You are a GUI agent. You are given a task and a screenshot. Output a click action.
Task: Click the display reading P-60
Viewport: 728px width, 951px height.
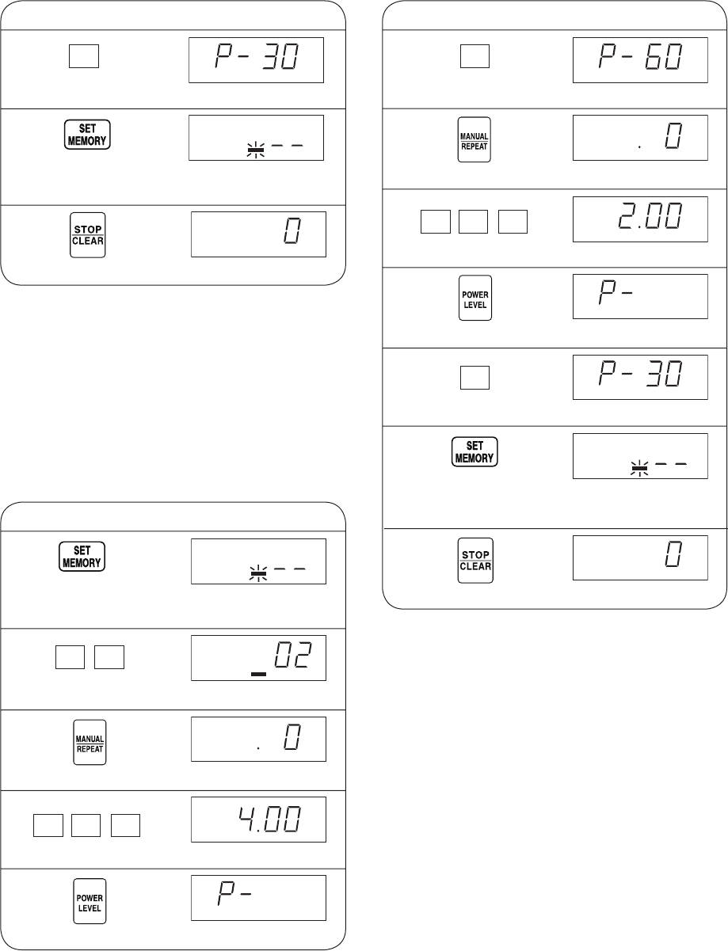click(x=640, y=60)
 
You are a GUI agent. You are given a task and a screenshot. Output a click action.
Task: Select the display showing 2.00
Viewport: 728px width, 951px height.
click(x=640, y=219)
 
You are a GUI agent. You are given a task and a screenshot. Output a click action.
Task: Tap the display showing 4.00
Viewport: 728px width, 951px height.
click(x=258, y=820)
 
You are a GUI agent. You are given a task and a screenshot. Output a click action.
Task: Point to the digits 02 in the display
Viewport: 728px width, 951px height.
click(x=292, y=655)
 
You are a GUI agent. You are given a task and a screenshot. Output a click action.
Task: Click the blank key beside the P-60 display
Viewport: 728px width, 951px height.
click(x=475, y=56)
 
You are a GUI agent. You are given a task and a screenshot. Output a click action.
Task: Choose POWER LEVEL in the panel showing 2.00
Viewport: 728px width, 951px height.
click(x=475, y=298)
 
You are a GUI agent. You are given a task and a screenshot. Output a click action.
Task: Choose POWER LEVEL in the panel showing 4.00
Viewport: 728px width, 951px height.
click(x=90, y=901)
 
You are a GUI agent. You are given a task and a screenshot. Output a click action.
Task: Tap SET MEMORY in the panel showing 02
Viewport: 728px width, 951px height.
click(x=82, y=557)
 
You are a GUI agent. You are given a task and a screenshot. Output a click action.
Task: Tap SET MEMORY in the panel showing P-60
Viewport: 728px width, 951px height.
click(x=475, y=451)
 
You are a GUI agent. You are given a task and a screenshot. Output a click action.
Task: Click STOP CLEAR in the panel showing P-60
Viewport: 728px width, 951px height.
click(x=475, y=560)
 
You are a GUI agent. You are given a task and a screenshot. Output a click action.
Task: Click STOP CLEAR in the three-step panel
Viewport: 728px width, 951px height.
click(x=87, y=235)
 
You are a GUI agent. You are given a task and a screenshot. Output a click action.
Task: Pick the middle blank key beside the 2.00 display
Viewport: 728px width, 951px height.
click(x=473, y=222)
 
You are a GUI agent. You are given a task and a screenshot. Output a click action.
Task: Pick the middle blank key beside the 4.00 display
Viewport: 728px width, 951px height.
click(x=86, y=825)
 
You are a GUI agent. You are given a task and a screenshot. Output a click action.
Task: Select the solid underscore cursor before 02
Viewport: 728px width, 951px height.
click(x=259, y=674)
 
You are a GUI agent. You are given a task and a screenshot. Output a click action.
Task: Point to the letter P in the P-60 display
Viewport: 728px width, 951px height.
click(x=608, y=56)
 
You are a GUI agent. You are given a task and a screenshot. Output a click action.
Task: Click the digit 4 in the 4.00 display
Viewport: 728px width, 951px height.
click(x=247, y=819)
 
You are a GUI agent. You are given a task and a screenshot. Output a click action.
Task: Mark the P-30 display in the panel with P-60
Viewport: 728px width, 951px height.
click(x=640, y=377)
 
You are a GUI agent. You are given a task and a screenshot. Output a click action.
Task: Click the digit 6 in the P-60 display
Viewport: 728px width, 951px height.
click(x=654, y=56)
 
